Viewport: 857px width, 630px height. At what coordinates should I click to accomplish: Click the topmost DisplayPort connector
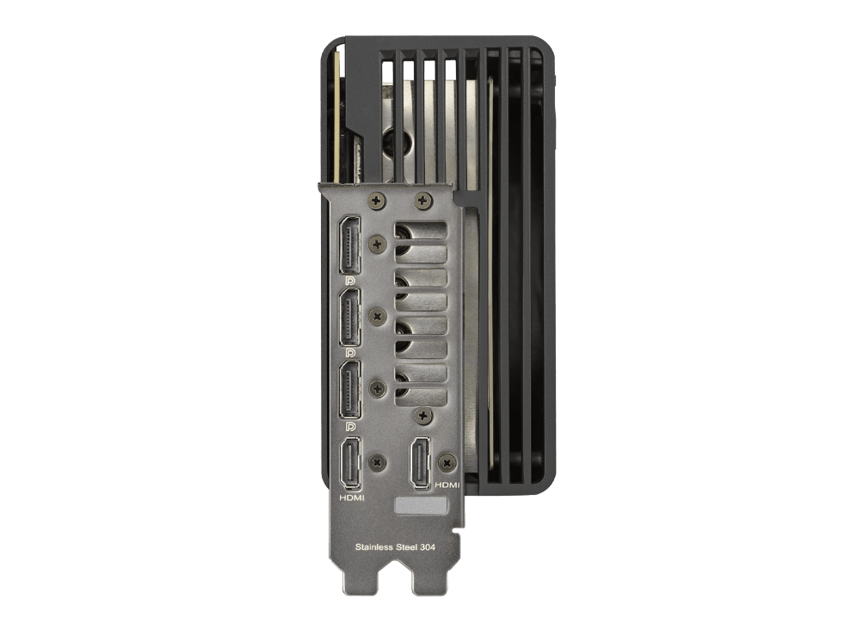pyautogui.click(x=350, y=244)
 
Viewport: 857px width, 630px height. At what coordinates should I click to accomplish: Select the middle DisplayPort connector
pyautogui.click(x=350, y=318)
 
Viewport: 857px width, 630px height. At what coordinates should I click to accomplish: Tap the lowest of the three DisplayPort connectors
pyautogui.click(x=350, y=390)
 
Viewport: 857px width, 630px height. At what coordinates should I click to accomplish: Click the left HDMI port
pyautogui.click(x=351, y=464)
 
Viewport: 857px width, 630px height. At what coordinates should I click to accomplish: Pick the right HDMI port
pyautogui.click(x=421, y=463)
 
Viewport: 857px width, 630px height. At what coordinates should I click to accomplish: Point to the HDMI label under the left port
pyautogui.click(x=351, y=497)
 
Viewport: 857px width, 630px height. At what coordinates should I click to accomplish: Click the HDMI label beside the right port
pyautogui.click(x=447, y=485)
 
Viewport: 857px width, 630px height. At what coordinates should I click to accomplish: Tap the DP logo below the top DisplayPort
pyautogui.click(x=350, y=281)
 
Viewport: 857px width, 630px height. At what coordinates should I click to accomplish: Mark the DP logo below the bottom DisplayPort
pyautogui.click(x=350, y=426)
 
